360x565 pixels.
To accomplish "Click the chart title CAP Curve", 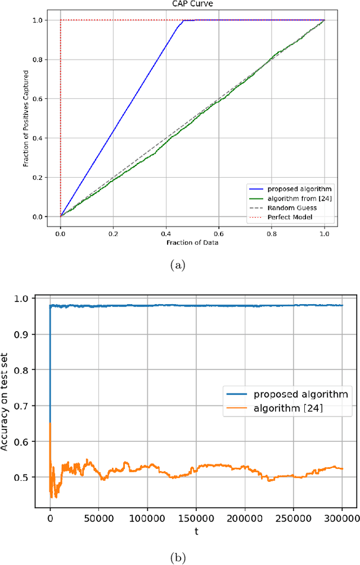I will click(x=192, y=3).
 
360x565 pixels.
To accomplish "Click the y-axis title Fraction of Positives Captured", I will click(x=26, y=119).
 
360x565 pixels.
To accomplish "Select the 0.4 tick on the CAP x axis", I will click(x=166, y=230).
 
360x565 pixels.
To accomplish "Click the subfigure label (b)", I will click(x=179, y=557).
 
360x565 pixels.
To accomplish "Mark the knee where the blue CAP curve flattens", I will click(x=183, y=21).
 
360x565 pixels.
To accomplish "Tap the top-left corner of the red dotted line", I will click(x=61, y=20).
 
